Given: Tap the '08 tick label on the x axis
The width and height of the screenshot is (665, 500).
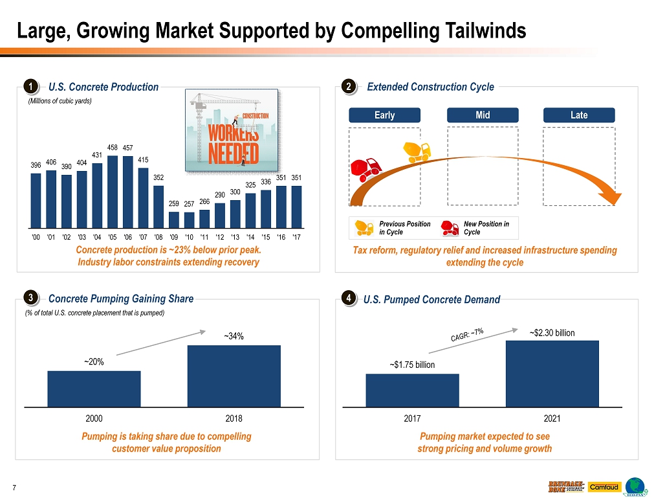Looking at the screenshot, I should click(x=158, y=237).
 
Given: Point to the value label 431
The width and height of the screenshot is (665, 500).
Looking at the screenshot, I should click(x=97, y=155).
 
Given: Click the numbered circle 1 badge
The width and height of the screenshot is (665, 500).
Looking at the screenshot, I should click(x=30, y=87).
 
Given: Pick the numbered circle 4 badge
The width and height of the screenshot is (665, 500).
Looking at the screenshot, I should click(x=349, y=299).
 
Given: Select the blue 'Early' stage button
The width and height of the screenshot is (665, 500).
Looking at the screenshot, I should click(x=384, y=115).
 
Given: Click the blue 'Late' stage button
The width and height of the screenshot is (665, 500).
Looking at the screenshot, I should click(x=579, y=115).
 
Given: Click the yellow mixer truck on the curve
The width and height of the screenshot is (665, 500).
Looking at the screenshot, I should click(x=417, y=152).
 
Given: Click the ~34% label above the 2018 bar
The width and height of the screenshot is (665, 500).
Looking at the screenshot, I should click(x=234, y=336).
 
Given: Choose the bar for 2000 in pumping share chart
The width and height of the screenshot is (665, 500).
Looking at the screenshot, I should click(x=94, y=389).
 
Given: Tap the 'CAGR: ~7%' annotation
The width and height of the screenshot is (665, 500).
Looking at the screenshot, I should click(x=466, y=335).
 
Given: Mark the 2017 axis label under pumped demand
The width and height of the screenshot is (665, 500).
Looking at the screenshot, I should click(x=412, y=418).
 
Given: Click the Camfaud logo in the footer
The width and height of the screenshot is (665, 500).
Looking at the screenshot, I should click(x=604, y=487).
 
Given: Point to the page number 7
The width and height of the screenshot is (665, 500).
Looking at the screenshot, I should click(x=14, y=487).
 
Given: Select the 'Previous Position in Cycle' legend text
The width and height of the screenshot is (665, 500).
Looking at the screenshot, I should click(x=404, y=228).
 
